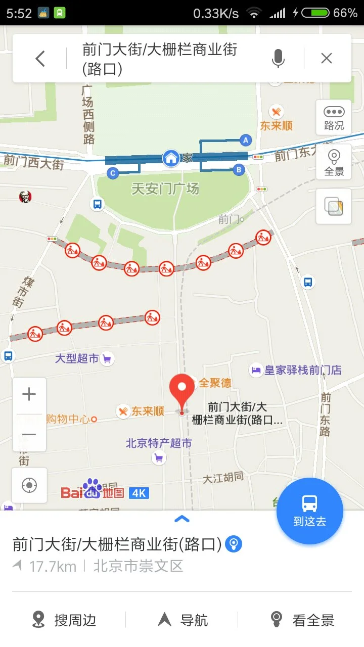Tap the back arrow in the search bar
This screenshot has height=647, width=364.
(x=40, y=59)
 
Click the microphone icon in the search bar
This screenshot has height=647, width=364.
(x=278, y=59)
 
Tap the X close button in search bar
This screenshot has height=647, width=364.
(x=327, y=59)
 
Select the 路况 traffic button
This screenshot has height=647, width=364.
(x=334, y=118)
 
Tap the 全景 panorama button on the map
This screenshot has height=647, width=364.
(x=334, y=162)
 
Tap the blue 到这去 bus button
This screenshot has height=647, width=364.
(x=309, y=511)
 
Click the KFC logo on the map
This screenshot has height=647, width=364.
(x=25, y=197)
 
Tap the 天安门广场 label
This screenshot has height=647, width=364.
(x=165, y=189)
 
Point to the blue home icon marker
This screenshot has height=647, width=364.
(x=171, y=158)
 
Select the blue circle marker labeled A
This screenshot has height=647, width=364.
(x=246, y=140)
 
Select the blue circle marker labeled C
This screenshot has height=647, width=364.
(x=113, y=173)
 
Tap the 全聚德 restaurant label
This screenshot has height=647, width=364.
(x=214, y=383)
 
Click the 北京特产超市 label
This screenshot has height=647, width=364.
(x=159, y=443)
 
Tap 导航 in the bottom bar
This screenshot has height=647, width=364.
(x=183, y=620)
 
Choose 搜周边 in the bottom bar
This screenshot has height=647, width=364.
(x=64, y=620)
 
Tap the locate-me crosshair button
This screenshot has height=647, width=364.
(x=29, y=485)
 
